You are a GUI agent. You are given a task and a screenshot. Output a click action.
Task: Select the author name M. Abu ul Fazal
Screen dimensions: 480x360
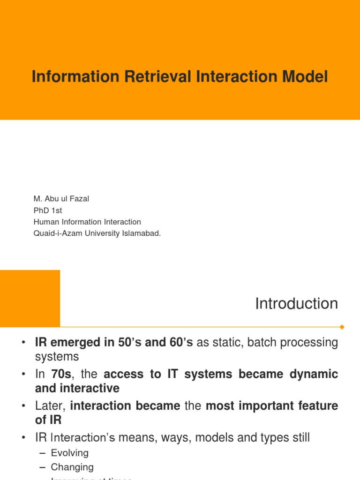61,199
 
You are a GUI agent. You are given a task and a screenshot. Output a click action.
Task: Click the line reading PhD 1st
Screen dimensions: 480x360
48,210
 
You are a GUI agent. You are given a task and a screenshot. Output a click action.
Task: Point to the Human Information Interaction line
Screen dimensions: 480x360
87,222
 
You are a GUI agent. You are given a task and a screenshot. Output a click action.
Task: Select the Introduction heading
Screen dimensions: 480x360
296,304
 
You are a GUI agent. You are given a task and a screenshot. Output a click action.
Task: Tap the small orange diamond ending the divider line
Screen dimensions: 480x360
342,327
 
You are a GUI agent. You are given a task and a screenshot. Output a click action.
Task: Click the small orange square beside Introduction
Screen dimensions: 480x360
30,298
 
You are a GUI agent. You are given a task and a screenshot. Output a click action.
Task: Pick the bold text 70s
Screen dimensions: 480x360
60,375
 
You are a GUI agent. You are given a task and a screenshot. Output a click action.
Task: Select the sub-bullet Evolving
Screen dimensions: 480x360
70,453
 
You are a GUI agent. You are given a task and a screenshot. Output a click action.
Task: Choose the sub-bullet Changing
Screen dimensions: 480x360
72,467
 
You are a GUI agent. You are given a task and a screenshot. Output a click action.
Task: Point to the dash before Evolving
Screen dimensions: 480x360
43,453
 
